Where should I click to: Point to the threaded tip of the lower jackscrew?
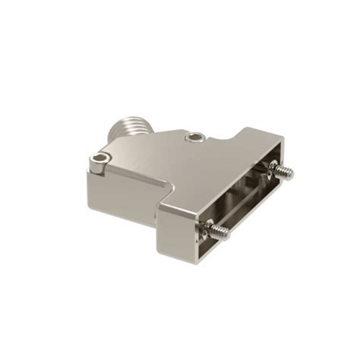pyautogui.click(x=223, y=230)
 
